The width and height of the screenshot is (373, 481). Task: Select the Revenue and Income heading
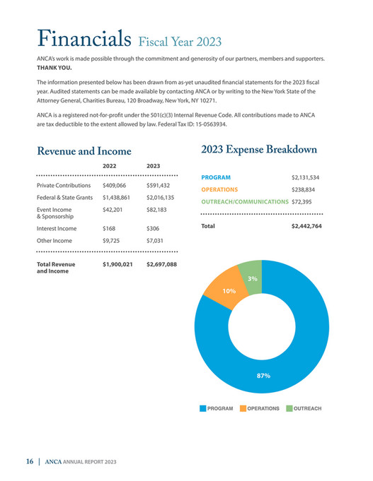click(x=84, y=151)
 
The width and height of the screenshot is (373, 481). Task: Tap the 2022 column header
click(x=110, y=166)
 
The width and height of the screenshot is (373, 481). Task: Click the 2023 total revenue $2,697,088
click(x=161, y=265)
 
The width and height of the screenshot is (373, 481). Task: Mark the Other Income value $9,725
click(x=113, y=241)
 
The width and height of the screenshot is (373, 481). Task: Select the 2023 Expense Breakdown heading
click(x=263, y=149)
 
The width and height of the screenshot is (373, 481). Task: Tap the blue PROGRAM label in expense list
click(x=216, y=177)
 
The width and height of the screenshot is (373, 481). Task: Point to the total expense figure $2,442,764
click(x=306, y=226)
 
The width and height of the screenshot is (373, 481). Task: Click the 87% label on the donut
click(x=263, y=375)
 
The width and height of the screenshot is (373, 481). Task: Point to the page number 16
click(x=30, y=461)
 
